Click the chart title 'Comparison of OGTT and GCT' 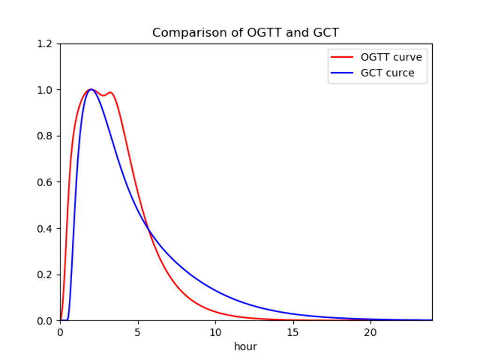click(x=246, y=33)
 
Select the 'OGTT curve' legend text click(x=391, y=58)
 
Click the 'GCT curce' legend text click(x=387, y=73)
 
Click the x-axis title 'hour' click(x=246, y=347)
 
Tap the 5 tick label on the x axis click(x=138, y=332)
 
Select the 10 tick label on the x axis click(x=216, y=332)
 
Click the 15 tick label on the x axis click(x=293, y=332)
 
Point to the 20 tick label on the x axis click(x=371, y=332)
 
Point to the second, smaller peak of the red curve click(x=110, y=92)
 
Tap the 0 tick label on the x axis click(x=60, y=332)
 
